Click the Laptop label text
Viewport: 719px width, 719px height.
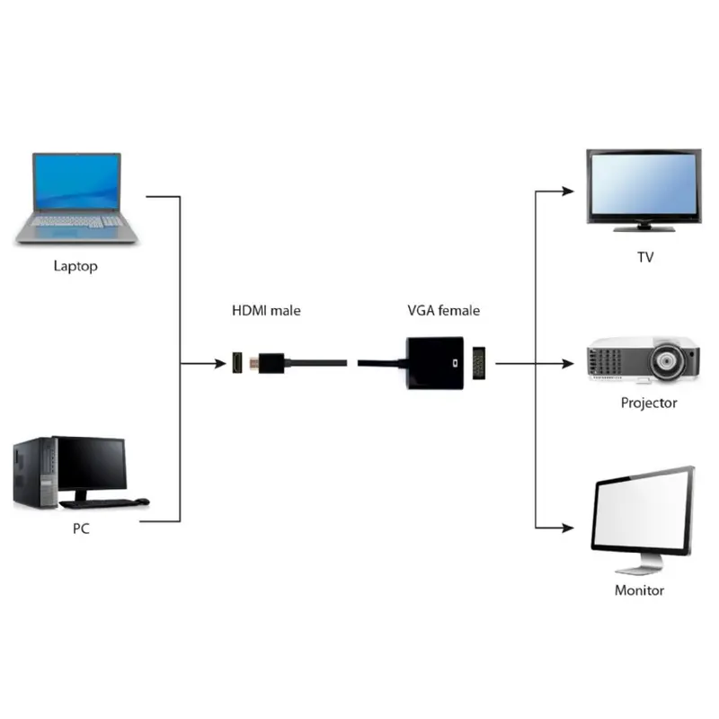pyautogui.click(x=75, y=266)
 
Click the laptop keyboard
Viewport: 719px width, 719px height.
pyautogui.click(x=76, y=221)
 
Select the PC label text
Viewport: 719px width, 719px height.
pyautogui.click(x=81, y=528)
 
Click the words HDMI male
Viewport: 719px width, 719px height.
pyautogui.click(x=266, y=311)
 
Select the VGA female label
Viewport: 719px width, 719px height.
pyautogui.click(x=443, y=311)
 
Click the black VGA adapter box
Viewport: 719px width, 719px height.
pyautogui.click(x=434, y=363)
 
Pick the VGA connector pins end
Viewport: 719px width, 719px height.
pyautogui.click(x=480, y=363)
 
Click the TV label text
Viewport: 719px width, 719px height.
pyautogui.click(x=645, y=258)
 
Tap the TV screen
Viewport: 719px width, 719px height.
pyautogui.click(x=643, y=183)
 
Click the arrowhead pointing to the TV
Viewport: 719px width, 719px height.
pyautogui.click(x=567, y=191)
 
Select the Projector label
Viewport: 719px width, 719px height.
pyautogui.click(x=649, y=403)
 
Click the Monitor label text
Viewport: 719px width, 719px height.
pyautogui.click(x=639, y=590)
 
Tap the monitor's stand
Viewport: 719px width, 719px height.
pyautogui.click(x=641, y=564)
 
